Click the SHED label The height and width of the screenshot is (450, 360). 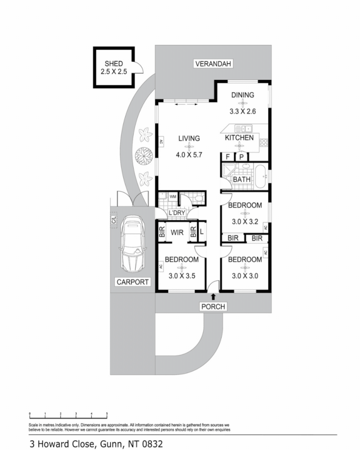[x=114, y=63]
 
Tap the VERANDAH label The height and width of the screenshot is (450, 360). [x=213, y=64]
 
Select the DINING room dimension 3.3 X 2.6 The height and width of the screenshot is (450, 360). [x=242, y=111]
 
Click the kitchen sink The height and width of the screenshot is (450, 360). [x=243, y=128]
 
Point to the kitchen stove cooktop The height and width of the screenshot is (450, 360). [x=263, y=142]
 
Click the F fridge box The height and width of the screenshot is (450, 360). [x=228, y=157]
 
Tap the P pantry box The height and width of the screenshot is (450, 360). [x=242, y=157]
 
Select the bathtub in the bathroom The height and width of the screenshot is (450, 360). [x=261, y=176]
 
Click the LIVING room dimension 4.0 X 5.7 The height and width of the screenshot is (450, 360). [x=189, y=155]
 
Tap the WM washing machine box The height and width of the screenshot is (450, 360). [x=173, y=197]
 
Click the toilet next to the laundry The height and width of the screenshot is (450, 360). [x=198, y=198]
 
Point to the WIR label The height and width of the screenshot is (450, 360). [x=177, y=232]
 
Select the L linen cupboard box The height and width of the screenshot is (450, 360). [x=202, y=232]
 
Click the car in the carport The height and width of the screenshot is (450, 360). [x=132, y=244]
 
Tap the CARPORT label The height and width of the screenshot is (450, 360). [x=132, y=282]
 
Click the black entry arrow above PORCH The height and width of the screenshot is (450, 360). [x=213, y=297]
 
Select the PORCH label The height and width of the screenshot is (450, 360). [x=213, y=307]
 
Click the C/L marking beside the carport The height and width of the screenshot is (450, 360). [x=114, y=220]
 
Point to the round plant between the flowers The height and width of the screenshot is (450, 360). [x=144, y=156]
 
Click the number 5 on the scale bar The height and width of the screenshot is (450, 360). [x=107, y=414]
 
